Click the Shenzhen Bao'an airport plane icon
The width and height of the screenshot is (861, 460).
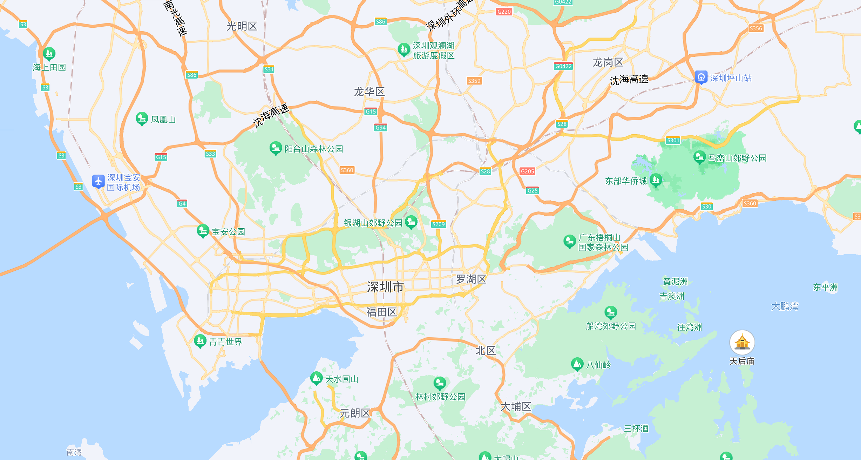tap(98, 181)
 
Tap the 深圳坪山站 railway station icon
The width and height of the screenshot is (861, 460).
tap(701, 77)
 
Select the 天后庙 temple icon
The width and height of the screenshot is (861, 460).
tap(742, 342)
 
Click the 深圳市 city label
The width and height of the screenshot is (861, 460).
tap(385, 287)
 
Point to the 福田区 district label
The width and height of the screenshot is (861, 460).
tap(381, 312)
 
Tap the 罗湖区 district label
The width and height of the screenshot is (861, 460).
tap(471, 279)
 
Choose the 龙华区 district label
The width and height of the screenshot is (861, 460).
tap(369, 92)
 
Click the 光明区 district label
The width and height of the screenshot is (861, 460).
tap(242, 26)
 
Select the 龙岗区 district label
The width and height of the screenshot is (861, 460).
tap(608, 62)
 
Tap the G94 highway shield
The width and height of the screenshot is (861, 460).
tap(380, 128)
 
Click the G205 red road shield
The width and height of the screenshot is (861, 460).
tap(527, 171)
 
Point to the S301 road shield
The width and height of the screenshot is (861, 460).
tap(673, 141)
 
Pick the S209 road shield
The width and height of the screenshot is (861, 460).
tap(438, 224)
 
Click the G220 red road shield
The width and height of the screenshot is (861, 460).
tap(504, 12)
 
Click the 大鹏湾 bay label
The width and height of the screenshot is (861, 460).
tap(785, 306)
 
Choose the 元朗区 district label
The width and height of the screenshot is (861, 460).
tap(355, 413)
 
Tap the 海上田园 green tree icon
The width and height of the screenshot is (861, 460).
tap(49, 54)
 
